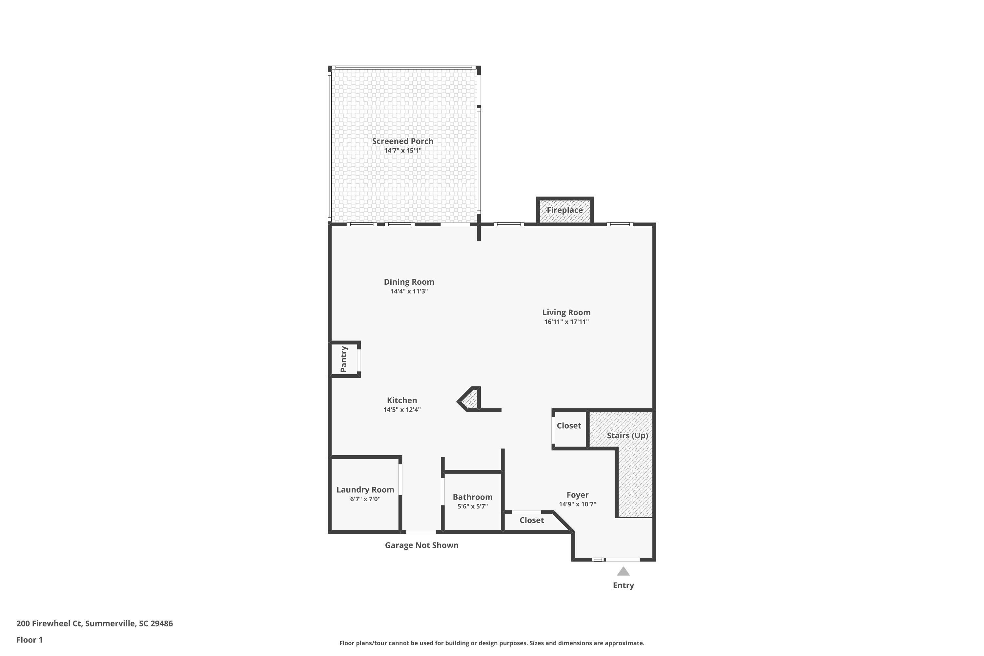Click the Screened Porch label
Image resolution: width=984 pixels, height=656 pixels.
[x=402, y=141]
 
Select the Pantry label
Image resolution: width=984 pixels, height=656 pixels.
[x=343, y=359]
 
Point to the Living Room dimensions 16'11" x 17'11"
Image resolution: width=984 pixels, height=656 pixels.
[x=566, y=322]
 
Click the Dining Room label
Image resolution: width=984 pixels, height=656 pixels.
[x=409, y=282]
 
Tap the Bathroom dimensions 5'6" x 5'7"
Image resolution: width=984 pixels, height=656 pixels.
[x=472, y=506]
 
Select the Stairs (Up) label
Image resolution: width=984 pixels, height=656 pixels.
[x=627, y=436]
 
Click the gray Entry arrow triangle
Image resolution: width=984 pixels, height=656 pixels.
[x=624, y=571]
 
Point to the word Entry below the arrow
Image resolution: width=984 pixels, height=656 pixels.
[x=624, y=585]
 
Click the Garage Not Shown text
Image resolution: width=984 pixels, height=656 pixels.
[x=422, y=545]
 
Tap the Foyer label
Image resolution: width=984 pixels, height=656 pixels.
[x=577, y=495]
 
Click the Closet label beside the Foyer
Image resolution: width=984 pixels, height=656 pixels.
[x=532, y=520]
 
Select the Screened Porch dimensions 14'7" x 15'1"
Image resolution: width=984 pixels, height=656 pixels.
[x=402, y=151]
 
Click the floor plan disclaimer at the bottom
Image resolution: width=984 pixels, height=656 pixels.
[x=492, y=643]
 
